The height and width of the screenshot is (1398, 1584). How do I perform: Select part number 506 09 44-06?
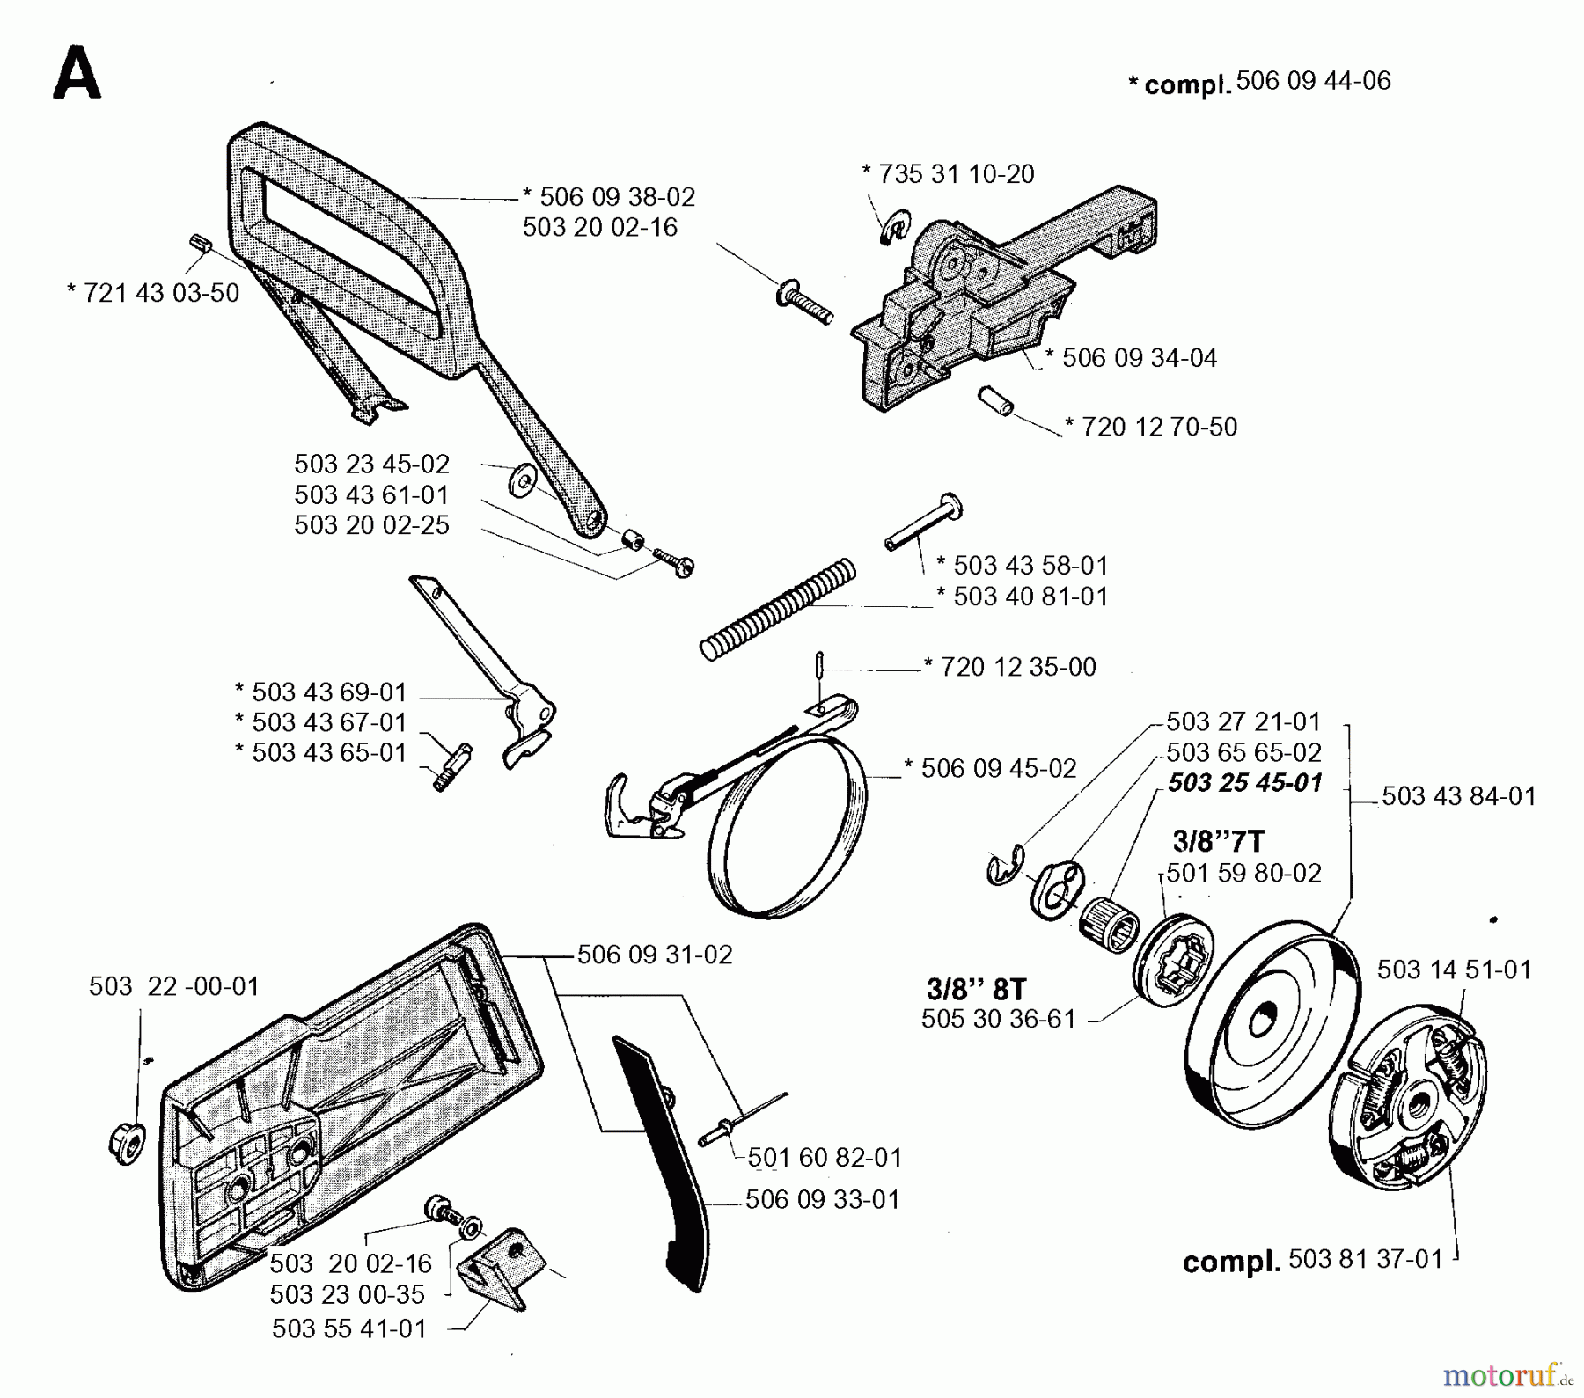[x=1313, y=81]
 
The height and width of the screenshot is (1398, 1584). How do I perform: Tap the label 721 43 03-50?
[x=152, y=293]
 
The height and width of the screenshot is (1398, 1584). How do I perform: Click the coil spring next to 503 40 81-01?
[x=778, y=610]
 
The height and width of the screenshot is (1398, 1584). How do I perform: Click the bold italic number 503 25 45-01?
[x=1244, y=782]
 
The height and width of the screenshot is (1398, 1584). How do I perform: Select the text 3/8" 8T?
[x=977, y=989]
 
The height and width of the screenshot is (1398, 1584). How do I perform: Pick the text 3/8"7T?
[x=1218, y=842]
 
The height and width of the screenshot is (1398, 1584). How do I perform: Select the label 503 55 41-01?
[x=349, y=1328]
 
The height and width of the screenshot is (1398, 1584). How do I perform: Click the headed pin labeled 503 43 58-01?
[x=923, y=525]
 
